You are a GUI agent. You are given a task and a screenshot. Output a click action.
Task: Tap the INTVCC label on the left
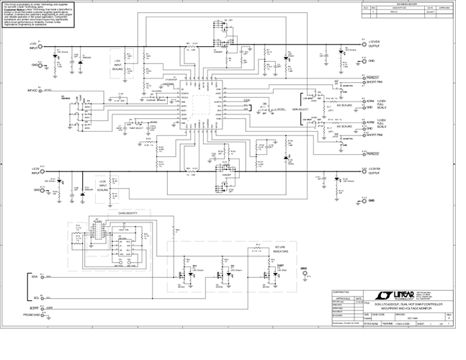pos(32,91)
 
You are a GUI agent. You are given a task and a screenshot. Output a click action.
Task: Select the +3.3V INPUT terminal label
pos(34,171)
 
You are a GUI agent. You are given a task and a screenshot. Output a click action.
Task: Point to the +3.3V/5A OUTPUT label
pos(374,170)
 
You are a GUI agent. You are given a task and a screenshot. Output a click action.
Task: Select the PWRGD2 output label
pos(372,153)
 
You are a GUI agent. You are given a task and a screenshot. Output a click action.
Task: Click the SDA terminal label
pos(35,276)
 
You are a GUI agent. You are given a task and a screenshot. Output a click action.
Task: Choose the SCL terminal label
pos(35,297)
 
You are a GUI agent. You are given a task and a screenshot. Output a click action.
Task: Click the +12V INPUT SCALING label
pos(119,64)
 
